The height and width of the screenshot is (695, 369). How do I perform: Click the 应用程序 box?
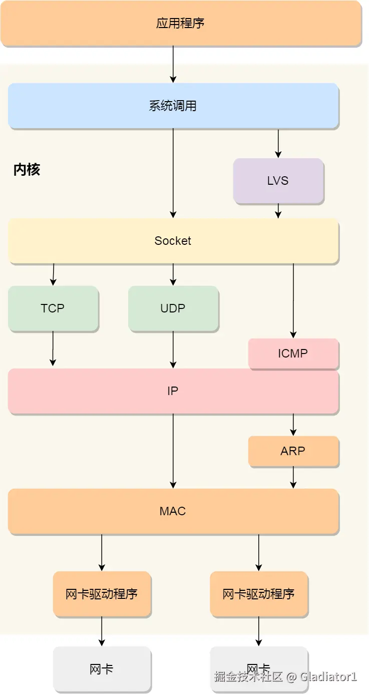[180, 23]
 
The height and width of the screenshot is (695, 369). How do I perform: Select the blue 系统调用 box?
[173, 106]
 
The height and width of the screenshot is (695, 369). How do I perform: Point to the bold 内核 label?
[27, 170]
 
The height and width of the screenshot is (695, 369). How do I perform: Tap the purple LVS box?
[278, 180]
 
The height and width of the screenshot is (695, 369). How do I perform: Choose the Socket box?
[173, 240]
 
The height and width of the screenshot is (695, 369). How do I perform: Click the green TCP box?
[53, 308]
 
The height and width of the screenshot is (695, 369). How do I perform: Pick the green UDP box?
[173, 308]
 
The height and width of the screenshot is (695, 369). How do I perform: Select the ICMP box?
[293, 354]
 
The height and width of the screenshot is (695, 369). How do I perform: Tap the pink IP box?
[173, 391]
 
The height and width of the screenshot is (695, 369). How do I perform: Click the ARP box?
[293, 451]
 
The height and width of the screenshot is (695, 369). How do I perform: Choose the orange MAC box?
[173, 511]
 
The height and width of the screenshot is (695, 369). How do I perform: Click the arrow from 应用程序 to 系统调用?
[173, 64]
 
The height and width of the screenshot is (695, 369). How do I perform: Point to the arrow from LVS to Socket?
[278, 211]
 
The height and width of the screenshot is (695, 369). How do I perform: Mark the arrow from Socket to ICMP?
[293, 300]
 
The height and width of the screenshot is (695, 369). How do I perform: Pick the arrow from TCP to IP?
[53, 349]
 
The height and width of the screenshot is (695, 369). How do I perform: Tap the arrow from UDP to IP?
[173, 350]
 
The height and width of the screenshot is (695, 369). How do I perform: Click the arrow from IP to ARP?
[293, 425]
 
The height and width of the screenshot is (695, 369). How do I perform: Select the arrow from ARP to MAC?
[293, 477]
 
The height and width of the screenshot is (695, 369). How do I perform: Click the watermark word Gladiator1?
[328, 677]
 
